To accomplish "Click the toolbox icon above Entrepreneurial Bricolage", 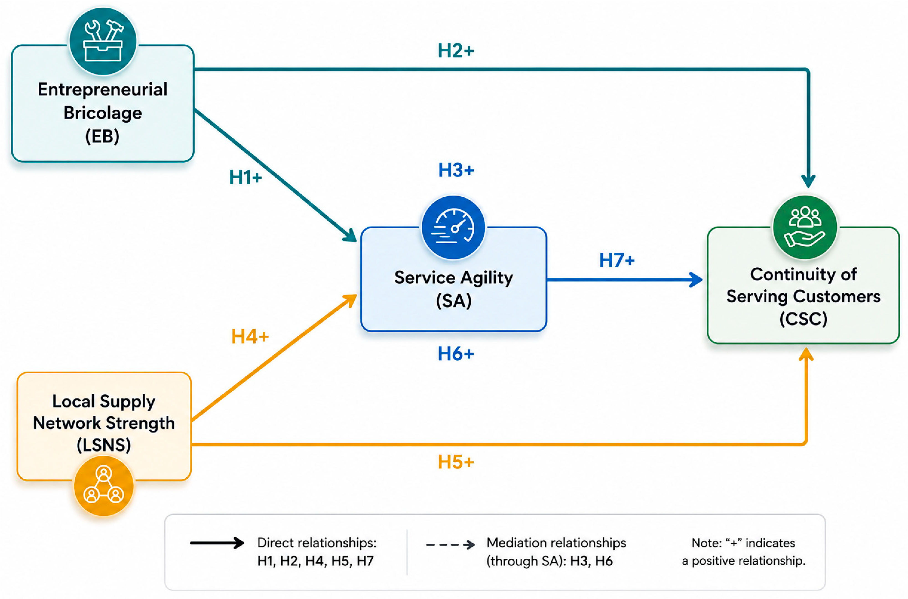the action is pos(103,41).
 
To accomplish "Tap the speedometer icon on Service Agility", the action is pos(453,228).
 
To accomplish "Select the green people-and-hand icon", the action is pos(805,228).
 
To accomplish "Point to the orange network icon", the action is pos(104,486).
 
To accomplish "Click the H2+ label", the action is pos(456,51).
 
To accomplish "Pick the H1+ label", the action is pos(245,178).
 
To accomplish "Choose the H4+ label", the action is pos(250,337).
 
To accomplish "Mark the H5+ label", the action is pos(456,462).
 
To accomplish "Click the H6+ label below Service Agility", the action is pos(456,354).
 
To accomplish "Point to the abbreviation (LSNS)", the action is pos(104,445).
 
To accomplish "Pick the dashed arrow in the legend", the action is pos(450,544).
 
